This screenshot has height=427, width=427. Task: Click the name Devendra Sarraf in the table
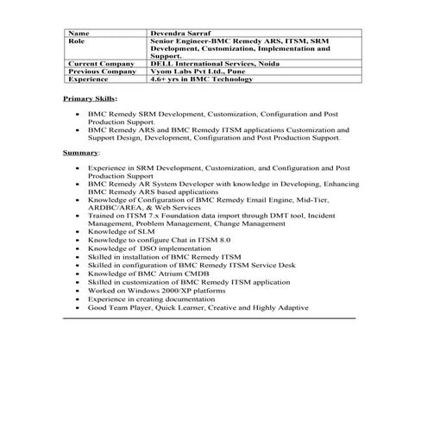pyautogui.click(x=185, y=33)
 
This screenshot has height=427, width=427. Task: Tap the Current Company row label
pyautogui.click(x=95, y=63)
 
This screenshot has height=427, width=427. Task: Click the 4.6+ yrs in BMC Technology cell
pyautogui.click(x=201, y=78)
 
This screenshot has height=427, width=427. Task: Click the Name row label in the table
pyautogui.click(x=78, y=33)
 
